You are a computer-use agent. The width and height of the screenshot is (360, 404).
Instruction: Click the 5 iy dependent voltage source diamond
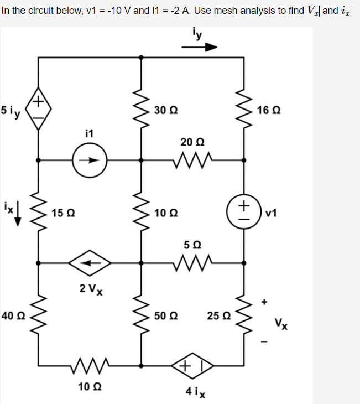[x=38, y=109]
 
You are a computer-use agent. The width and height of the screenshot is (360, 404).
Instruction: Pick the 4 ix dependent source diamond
[x=192, y=366]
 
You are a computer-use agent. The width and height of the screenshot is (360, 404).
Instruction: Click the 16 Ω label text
[x=268, y=110]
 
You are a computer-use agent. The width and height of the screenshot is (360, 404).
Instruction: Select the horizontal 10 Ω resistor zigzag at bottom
[x=90, y=366]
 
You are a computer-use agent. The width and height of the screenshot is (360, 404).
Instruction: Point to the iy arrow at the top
[x=199, y=48]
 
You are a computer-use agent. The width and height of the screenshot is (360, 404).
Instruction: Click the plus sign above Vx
[x=264, y=302]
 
